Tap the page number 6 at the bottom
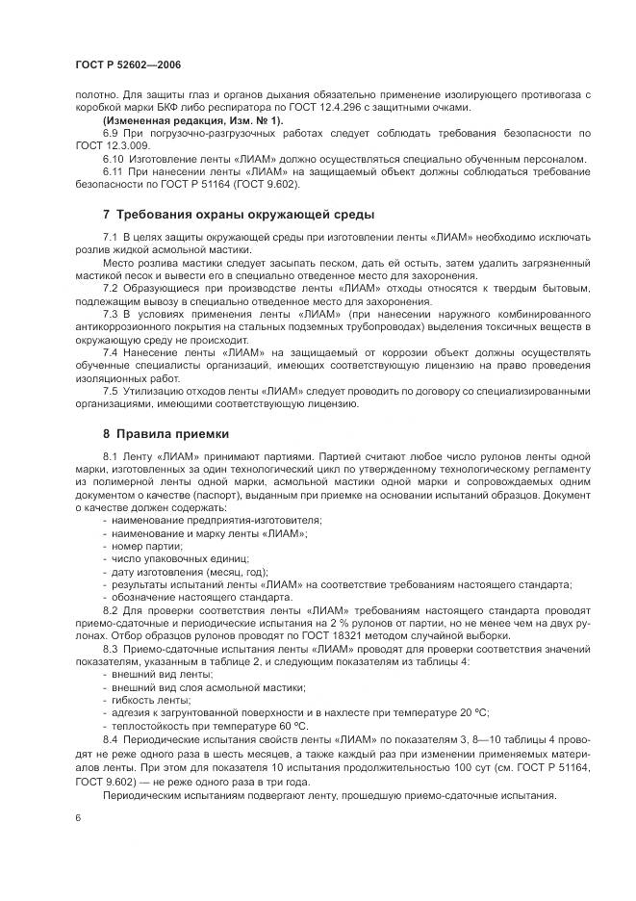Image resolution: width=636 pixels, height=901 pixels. pyautogui.click(x=76, y=817)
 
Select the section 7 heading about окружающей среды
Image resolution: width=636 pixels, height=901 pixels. pyautogui.click(x=239, y=213)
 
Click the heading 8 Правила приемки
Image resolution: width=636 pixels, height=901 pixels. pyautogui.click(x=165, y=434)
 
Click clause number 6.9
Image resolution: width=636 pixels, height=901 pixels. pyautogui.click(x=111, y=133)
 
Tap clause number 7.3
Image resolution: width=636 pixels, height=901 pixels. pyautogui.click(x=111, y=314)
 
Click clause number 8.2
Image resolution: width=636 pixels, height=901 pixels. pyautogui.click(x=111, y=609)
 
